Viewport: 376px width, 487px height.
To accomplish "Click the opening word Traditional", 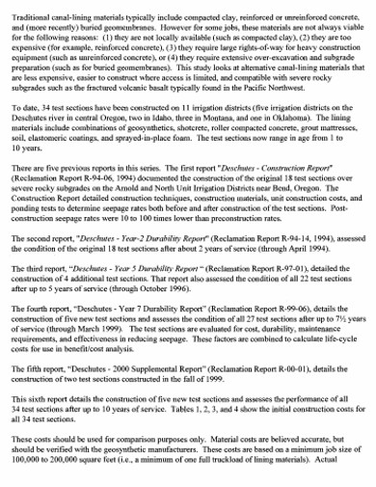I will pyautogui.click(x=31, y=9).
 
